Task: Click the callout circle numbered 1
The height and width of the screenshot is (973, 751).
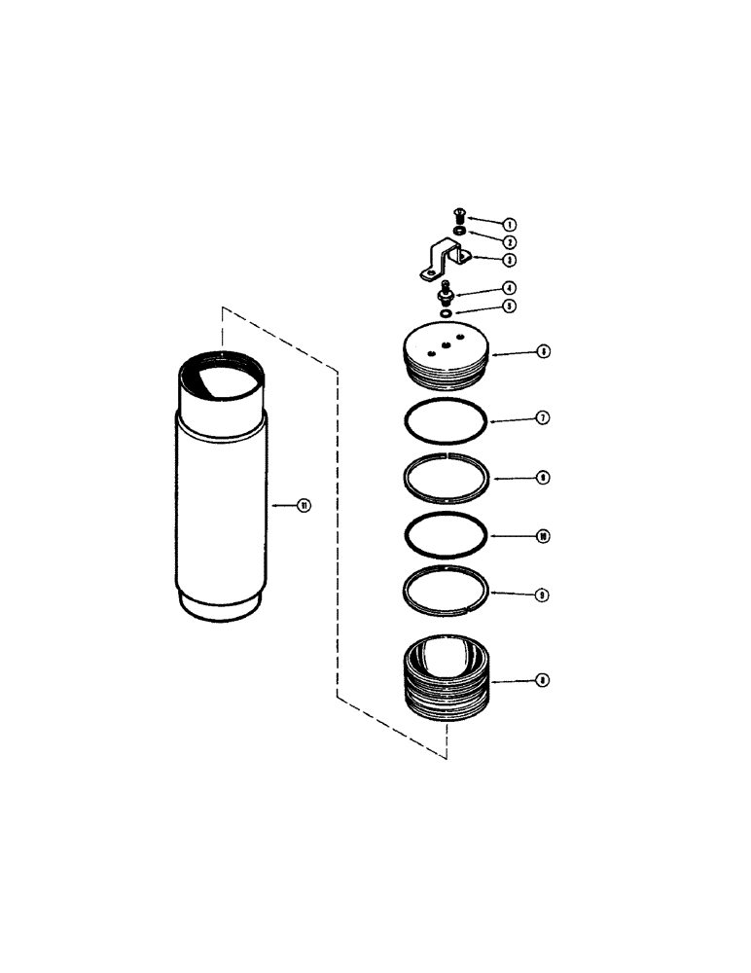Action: click(x=496, y=224)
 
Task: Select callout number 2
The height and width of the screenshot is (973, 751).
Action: click(x=510, y=241)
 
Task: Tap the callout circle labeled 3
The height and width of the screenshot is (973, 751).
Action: click(x=510, y=261)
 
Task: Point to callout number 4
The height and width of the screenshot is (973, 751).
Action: click(x=510, y=288)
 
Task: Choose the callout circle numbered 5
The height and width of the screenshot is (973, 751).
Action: click(x=510, y=306)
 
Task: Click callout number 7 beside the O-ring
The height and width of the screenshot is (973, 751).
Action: click(x=543, y=418)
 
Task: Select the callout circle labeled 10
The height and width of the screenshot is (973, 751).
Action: click(x=543, y=536)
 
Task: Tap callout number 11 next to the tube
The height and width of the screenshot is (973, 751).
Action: click(x=304, y=505)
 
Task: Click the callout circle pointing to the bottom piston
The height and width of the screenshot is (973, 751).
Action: click(x=543, y=681)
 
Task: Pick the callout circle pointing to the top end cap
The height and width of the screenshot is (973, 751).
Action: click(x=543, y=351)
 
